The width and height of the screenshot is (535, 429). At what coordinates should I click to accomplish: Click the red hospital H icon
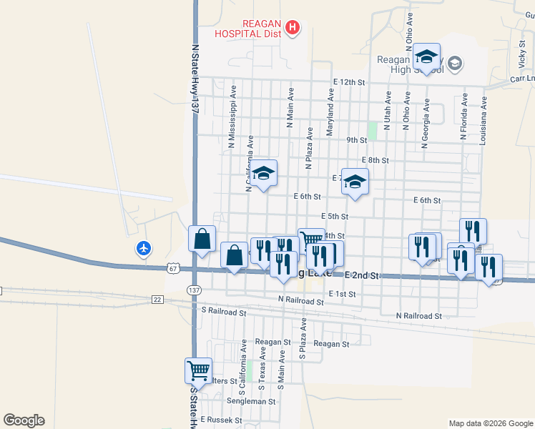(293, 28)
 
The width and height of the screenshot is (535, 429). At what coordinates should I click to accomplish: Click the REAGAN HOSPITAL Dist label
(250, 28)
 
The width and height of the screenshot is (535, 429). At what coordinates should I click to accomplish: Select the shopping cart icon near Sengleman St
(198, 371)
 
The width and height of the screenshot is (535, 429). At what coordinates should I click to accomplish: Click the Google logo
(23, 420)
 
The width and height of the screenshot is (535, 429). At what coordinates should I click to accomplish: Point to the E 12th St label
(349, 83)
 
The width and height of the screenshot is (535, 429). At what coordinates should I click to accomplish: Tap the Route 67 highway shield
(172, 268)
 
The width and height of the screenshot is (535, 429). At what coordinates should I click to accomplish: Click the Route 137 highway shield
(194, 290)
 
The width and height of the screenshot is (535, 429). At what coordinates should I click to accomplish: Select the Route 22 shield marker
(157, 299)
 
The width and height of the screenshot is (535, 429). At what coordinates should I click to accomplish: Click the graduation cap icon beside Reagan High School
(426, 56)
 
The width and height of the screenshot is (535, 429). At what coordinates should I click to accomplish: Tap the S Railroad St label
(224, 312)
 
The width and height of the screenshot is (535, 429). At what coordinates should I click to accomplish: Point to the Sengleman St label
(252, 402)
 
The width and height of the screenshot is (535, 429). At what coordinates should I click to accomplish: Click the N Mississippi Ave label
(232, 118)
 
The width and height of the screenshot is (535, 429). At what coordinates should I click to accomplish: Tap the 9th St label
(355, 140)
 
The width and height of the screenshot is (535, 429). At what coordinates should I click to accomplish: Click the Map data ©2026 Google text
(490, 423)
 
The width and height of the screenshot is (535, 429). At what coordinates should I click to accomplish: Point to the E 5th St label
(335, 216)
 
